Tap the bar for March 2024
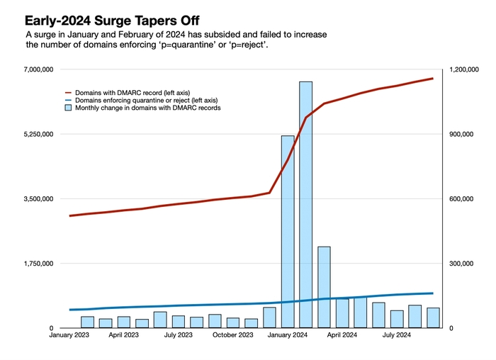click(324, 287)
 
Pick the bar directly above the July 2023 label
click(179, 322)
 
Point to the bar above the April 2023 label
click(124, 322)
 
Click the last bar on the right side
click(433, 318)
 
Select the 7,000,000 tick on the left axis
click(35, 69)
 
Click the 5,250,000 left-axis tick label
click(35, 134)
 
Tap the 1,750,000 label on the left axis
click(35, 264)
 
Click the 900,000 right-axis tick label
click(463, 134)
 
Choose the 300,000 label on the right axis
click(463, 264)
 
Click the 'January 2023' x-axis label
click(69, 335)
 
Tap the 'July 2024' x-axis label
click(397, 335)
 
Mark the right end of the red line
click(432, 79)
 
